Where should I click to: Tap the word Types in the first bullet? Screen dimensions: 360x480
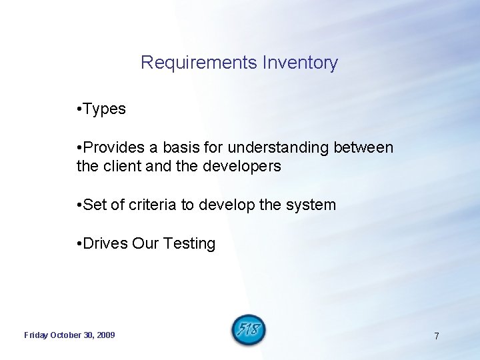tap(105, 109)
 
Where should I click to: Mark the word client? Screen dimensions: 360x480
tap(121, 167)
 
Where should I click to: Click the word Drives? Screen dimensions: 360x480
tap(106, 244)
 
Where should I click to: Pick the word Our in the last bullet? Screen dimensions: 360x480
tap(145, 244)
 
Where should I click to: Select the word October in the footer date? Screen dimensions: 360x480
tap(67, 335)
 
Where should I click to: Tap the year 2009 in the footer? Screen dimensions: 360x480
tap(105, 335)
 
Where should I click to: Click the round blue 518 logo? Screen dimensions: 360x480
tap(249, 330)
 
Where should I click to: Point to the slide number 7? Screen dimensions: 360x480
tap(437, 336)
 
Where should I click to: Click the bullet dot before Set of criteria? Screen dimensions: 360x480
tap(79, 205)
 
